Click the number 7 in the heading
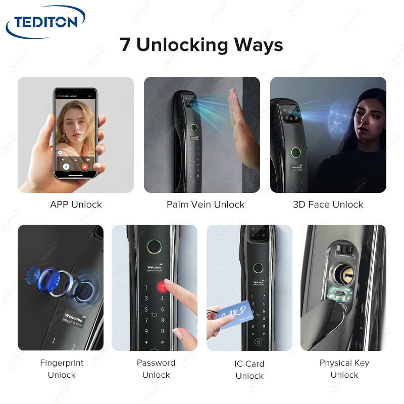125,44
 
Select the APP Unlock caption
76,205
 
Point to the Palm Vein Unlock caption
206,205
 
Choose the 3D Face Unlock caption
328,205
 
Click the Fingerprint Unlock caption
62,369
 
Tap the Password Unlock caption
156,369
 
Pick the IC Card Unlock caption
249,370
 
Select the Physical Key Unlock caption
344,369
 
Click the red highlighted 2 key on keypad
162,286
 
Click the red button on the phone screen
85,166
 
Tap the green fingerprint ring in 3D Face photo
294,152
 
